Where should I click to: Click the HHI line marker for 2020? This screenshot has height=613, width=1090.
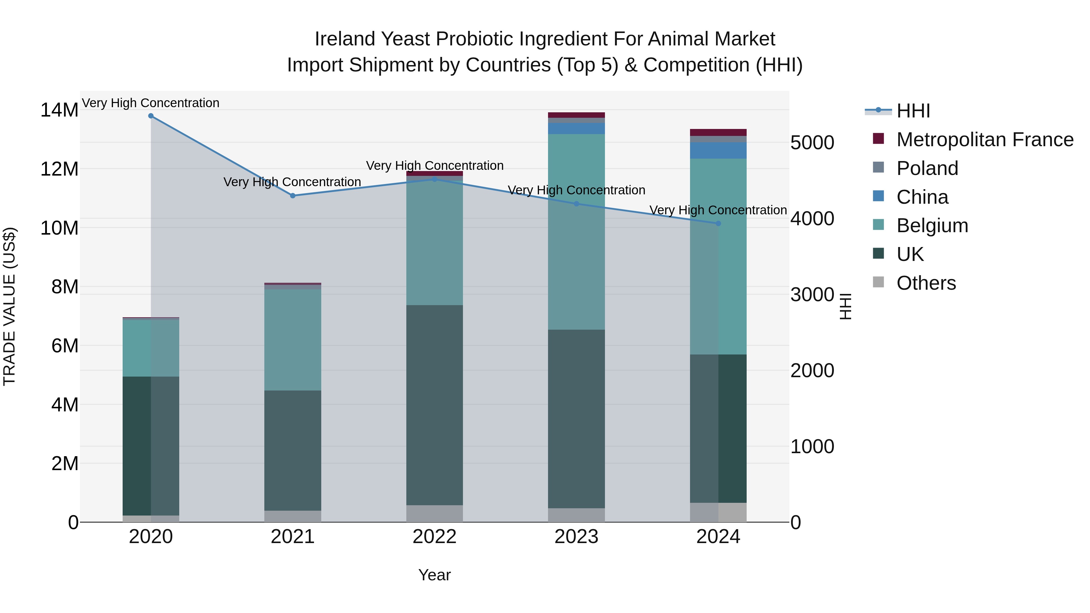151,116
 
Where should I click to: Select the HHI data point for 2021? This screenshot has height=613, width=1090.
292,196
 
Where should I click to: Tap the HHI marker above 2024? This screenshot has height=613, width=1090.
718,223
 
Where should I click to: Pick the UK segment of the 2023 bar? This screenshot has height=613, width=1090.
576,419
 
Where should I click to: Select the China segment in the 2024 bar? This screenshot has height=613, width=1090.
718,150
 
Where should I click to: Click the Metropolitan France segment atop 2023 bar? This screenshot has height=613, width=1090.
576,115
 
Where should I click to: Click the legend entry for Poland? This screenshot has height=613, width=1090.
927,168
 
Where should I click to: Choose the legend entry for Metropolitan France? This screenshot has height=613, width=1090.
985,140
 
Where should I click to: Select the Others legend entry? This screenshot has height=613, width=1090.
926,283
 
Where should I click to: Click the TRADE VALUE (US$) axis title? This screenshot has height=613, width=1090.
9,306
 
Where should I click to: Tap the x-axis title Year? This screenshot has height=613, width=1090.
434,575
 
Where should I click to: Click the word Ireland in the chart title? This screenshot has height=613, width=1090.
345,39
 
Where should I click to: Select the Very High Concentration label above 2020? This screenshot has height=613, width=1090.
151,103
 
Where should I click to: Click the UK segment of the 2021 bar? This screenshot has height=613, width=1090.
292,450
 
